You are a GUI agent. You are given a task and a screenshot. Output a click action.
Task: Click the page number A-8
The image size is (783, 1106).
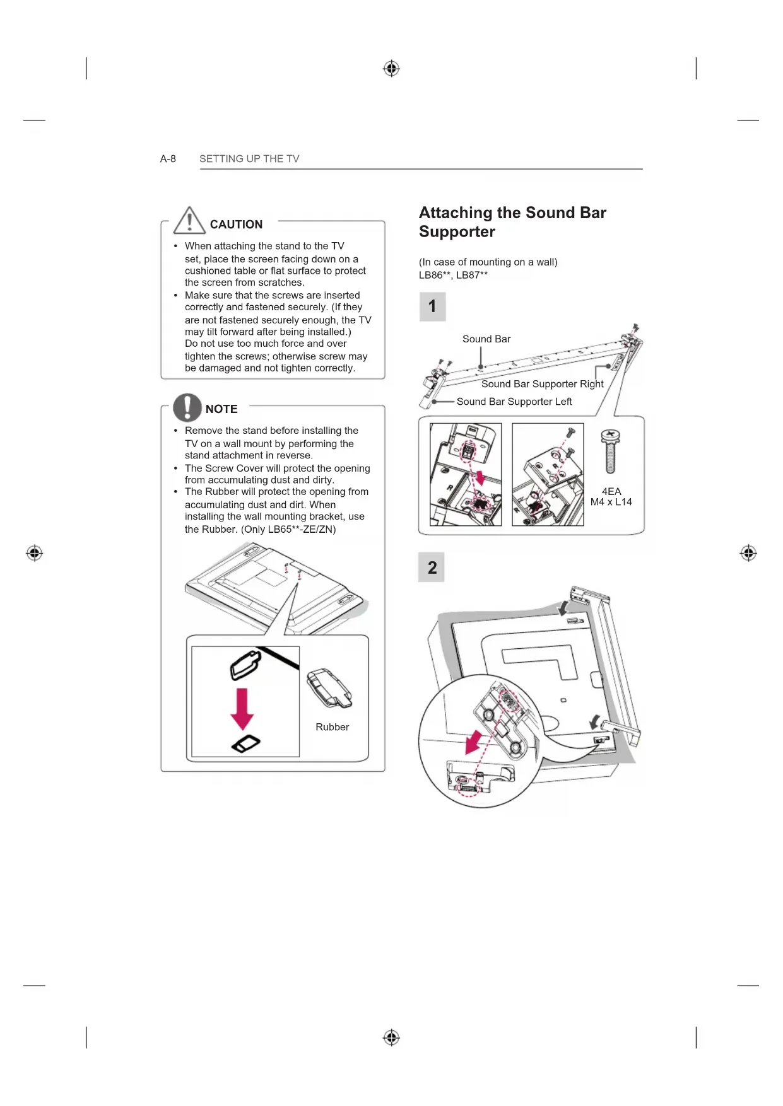[168, 159]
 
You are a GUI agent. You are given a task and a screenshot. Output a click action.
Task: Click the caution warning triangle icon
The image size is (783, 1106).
[189, 220]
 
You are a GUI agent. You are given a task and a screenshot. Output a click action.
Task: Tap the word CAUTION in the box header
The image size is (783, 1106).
[236, 224]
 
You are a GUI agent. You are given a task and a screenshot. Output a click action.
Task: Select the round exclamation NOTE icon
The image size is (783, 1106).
[187, 407]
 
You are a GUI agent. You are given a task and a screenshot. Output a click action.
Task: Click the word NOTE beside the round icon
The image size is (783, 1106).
[221, 409]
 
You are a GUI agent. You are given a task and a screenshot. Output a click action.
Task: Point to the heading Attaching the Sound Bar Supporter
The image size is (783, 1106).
[512, 222]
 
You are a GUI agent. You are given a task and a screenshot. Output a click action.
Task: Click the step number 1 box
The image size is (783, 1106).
[432, 306]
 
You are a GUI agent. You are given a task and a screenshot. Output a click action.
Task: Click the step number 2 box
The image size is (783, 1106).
[432, 568]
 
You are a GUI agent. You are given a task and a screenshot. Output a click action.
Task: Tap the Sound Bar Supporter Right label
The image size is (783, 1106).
[542, 384]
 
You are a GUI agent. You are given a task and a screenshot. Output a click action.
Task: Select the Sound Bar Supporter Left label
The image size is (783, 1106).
[514, 402]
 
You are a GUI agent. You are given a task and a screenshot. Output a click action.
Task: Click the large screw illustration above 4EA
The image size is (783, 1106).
[610, 451]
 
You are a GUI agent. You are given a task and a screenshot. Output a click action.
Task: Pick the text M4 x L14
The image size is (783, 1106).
[611, 502]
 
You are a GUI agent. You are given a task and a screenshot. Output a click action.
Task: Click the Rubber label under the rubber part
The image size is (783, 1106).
[332, 727]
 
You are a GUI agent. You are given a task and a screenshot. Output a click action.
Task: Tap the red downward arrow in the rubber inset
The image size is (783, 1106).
[242, 709]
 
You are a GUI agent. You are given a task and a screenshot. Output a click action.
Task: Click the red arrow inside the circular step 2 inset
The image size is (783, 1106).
[474, 742]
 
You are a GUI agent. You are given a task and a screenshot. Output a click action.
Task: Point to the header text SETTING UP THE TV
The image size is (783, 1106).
[249, 159]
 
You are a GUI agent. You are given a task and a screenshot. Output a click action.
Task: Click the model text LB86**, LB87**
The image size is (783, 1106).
[453, 275]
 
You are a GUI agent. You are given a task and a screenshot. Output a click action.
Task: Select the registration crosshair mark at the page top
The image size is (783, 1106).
[391, 68]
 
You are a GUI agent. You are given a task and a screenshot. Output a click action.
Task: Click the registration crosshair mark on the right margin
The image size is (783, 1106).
[748, 553]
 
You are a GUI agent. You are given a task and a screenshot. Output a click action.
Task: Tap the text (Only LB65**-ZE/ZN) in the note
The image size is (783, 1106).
[288, 529]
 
